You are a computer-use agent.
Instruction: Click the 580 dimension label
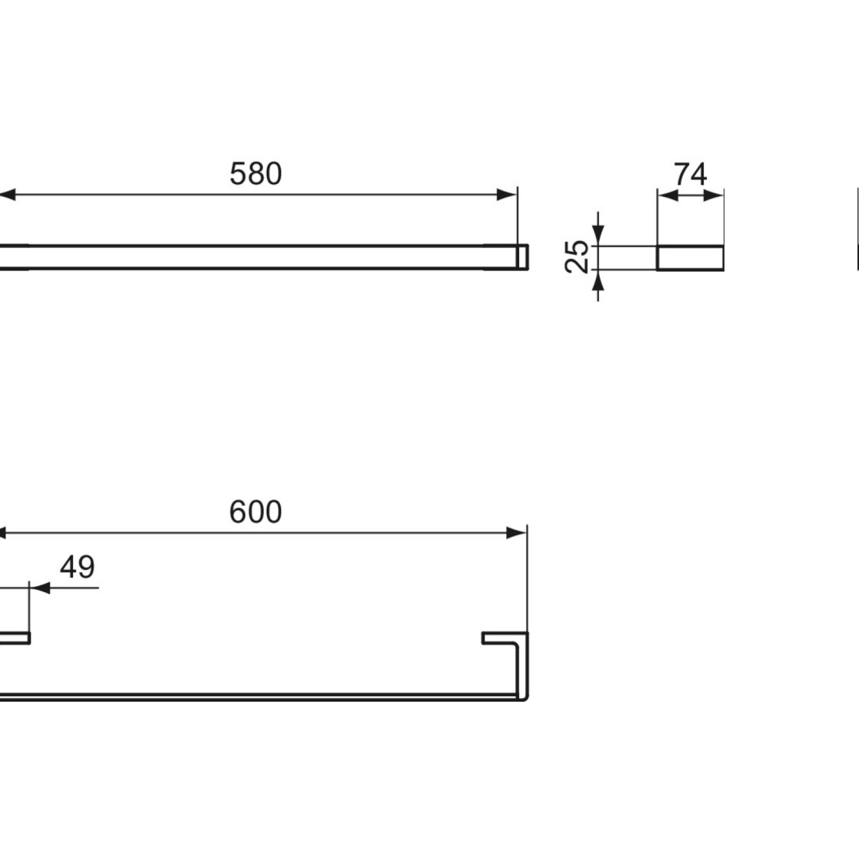[x=256, y=174]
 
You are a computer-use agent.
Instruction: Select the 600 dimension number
[x=256, y=512]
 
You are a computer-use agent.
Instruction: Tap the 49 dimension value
[x=77, y=567]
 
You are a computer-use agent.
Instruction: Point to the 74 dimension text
[x=690, y=174]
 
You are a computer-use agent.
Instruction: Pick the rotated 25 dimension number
[x=578, y=257]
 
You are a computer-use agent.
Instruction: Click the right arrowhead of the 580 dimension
[x=507, y=195]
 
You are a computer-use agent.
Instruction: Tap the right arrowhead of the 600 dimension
[x=516, y=533]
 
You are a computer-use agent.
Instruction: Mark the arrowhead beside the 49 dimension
[x=40, y=588]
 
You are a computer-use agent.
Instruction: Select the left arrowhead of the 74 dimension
[x=667, y=196]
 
